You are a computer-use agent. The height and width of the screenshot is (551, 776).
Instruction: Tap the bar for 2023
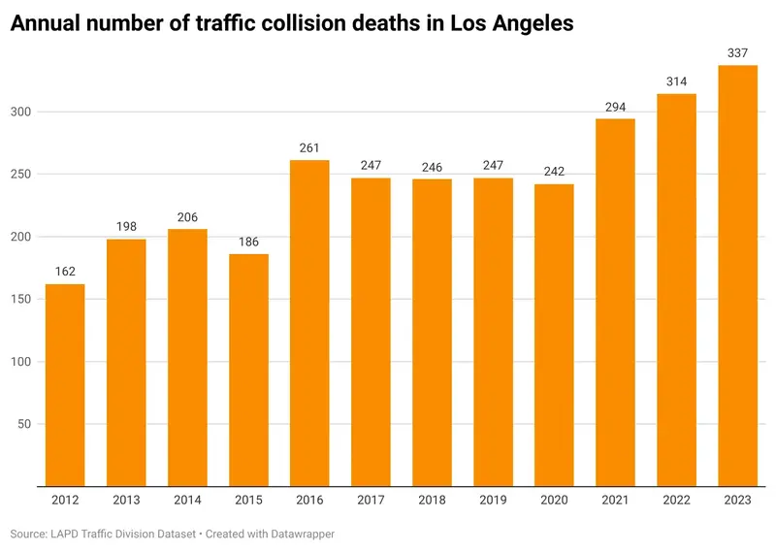coord(737,275)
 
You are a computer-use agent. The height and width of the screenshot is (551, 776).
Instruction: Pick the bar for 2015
coord(248,370)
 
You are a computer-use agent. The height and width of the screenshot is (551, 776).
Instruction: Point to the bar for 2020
coord(554,335)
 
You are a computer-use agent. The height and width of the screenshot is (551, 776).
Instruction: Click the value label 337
coord(737,52)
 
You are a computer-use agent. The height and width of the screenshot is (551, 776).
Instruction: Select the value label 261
coord(309,147)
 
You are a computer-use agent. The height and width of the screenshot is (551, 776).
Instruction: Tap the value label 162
coord(65,272)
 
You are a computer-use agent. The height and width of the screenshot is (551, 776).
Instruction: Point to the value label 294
coord(615,107)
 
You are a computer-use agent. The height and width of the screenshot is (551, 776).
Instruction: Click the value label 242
coord(554,172)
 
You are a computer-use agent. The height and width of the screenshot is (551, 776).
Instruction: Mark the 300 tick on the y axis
coord(22,113)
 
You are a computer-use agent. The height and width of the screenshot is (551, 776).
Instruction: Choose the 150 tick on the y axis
coord(22,300)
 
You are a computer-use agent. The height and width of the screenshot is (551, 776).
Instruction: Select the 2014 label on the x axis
coord(187,501)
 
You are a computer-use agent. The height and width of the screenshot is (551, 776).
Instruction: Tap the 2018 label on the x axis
coord(432,501)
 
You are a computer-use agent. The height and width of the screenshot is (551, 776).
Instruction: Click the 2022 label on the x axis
coord(676,501)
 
